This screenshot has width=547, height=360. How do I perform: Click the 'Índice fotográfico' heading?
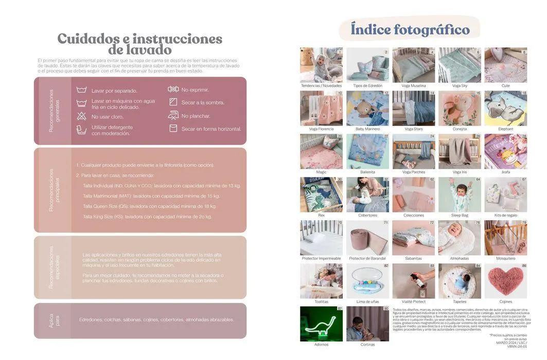(410, 29)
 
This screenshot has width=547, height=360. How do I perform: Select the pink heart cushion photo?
(505, 281)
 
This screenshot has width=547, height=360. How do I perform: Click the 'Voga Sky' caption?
(460, 86)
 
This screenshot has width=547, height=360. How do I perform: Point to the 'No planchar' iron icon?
(173, 115)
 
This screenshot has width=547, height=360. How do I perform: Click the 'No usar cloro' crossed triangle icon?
(81, 116)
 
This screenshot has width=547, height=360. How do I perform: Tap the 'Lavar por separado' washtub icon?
(81, 90)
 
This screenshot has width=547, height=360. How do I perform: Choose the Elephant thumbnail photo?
(505, 109)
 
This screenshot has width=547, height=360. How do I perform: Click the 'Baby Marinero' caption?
(367, 129)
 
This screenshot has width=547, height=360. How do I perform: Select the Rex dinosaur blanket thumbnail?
(321, 194)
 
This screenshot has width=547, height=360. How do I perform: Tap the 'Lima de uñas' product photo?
(367, 281)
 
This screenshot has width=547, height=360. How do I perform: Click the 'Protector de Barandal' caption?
(367, 259)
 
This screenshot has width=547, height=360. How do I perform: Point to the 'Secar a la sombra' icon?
(173, 102)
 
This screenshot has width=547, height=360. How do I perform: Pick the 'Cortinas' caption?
(367, 345)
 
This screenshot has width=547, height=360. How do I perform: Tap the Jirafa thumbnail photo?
(505, 152)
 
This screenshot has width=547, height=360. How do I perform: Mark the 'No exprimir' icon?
(173, 89)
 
